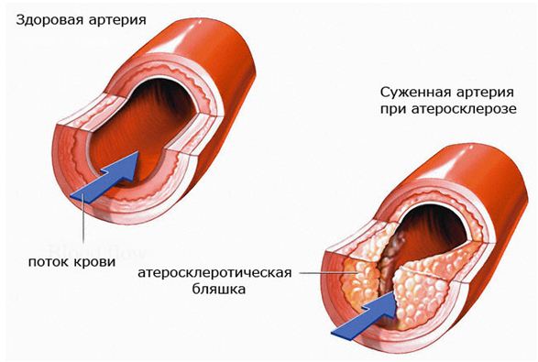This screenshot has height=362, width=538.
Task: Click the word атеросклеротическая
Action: pyautogui.click(x=215, y=272)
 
